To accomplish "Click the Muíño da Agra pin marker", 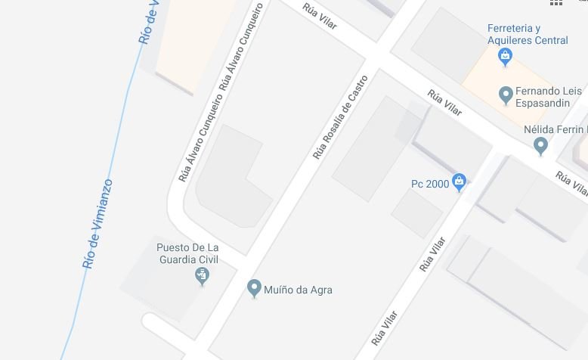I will tap(255, 288).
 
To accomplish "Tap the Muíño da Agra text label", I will tap(298, 290).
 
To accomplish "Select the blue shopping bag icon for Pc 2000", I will tap(459, 182).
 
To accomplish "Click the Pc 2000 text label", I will tap(430, 183).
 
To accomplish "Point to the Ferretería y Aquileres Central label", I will tap(527, 35).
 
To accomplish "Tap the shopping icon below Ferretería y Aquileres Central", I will tap(505, 55).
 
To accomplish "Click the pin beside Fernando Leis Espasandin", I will tap(506, 95).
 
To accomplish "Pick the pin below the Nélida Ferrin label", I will tap(540, 145).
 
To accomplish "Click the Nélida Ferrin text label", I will tap(555, 129).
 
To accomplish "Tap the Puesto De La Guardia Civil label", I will tap(187, 253).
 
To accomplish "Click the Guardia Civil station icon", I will tap(202, 276).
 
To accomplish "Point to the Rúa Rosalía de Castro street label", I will tap(340, 117).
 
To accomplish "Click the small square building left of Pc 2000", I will tap(416, 213).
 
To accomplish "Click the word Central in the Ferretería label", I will tap(551, 40).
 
